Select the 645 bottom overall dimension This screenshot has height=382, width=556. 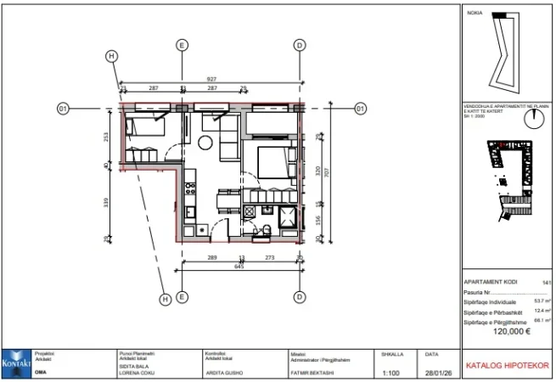pyautogui.click(x=239, y=267)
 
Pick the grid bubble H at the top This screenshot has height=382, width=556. pyautogui.click(x=111, y=55)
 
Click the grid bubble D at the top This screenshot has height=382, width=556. pyautogui.click(x=299, y=45)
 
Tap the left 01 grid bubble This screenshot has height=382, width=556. pyautogui.click(x=63, y=109)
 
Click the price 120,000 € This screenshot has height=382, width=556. pyautogui.click(x=506, y=332)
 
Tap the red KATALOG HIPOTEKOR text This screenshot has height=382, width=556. pyautogui.click(x=506, y=367)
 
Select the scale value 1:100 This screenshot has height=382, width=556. pyautogui.click(x=391, y=372)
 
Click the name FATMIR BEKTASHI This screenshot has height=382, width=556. pyautogui.click(x=309, y=372)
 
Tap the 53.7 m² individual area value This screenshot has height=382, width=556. pyautogui.click(x=542, y=300)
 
